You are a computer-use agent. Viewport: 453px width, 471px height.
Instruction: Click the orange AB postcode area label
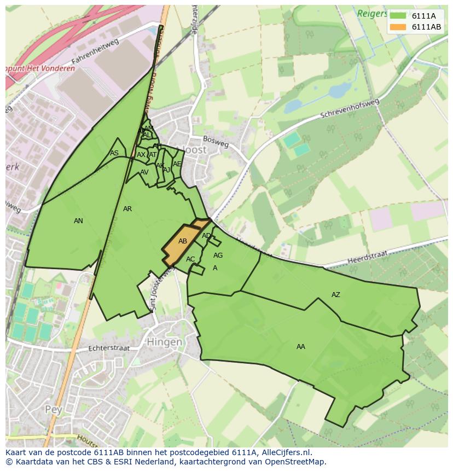click(183, 241)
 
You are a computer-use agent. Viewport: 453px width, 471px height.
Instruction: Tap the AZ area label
click(336, 295)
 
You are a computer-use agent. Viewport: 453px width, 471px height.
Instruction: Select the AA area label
click(301, 347)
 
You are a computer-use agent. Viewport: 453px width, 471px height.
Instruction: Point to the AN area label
click(78, 221)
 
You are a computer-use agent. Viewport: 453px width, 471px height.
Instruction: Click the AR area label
click(127, 209)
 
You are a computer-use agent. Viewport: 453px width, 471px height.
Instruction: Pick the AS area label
click(114, 153)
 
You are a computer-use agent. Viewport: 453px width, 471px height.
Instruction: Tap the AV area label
click(144, 172)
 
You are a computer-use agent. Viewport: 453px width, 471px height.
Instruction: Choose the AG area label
click(218, 255)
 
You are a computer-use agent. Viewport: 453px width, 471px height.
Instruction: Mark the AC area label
click(190, 259)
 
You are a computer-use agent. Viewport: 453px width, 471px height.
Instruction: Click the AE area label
click(177, 164)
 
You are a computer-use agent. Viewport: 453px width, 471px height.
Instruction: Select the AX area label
click(141, 155)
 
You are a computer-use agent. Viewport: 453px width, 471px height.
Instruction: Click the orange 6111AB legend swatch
click(398, 27)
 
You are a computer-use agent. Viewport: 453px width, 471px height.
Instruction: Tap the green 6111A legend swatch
click(398, 16)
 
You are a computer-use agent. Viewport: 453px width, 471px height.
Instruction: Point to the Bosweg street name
click(216, 142)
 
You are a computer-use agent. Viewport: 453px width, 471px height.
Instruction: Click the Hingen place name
click(165, 342)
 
